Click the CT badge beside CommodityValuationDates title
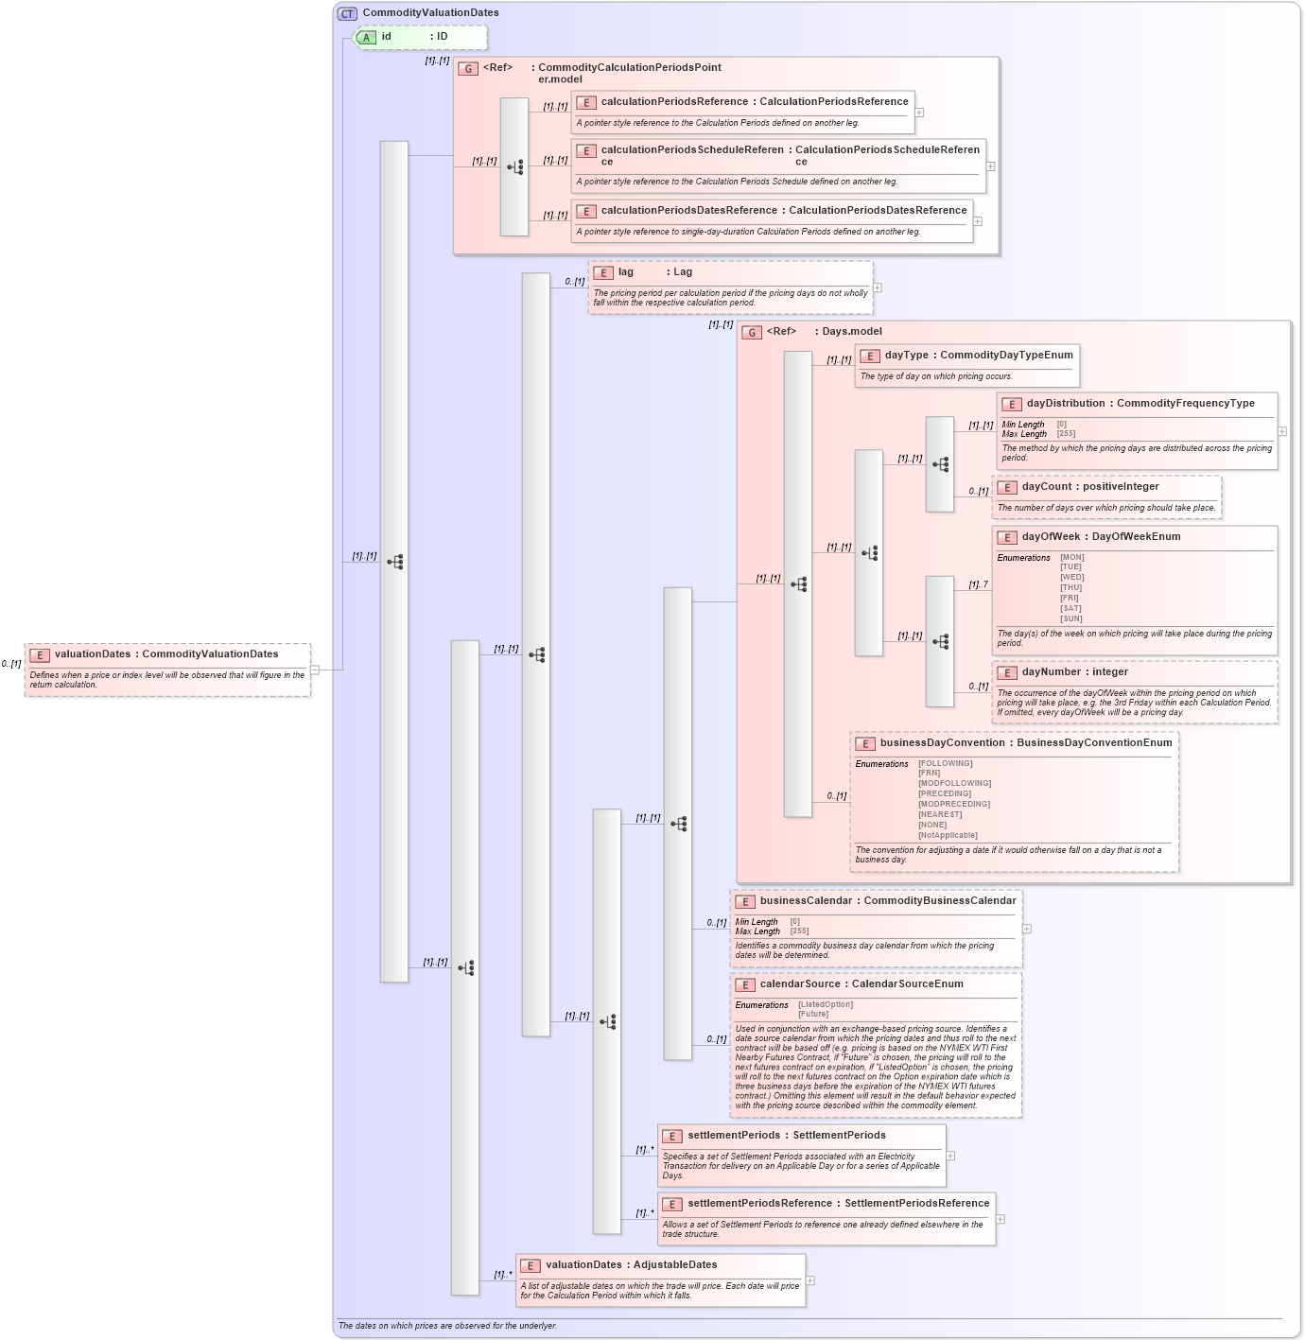347,13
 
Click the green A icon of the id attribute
366,38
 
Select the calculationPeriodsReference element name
674,102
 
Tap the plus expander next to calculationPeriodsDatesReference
978,221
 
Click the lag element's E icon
603,272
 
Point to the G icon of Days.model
752,332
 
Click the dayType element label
906,356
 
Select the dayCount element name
1047,487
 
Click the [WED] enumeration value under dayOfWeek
1071,578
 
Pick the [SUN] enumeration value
1070,619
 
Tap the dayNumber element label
1051,672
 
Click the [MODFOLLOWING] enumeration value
954,784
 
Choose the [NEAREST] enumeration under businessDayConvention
939,815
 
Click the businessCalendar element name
806,901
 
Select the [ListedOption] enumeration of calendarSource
825,1005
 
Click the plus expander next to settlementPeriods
951,1156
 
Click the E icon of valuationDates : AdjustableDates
531,1265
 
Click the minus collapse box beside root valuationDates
315,670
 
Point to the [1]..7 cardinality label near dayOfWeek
978,585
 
